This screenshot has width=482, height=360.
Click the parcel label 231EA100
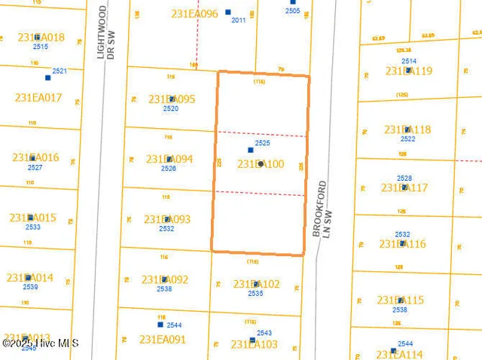pyautogui.click(x=261, y=163)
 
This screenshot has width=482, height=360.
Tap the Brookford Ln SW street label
pyautogui.click(x=322, y=209)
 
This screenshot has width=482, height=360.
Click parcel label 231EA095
pyautogui.click(x=172, y=99)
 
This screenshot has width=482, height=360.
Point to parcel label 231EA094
pyautogui.click(x=169, y=159)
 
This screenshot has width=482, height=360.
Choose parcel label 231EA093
pyautogui.click(x=167, y=219)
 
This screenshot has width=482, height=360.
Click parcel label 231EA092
pyautogui.click(x=164, y=279)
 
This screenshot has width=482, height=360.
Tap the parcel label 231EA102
pyautogui.click(x=256, y=284)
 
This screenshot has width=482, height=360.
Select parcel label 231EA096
pyautogui.click(x=194, y=14)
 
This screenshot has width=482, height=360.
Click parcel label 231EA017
pyautogui.click(x=38, y=97)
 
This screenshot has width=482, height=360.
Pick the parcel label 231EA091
pyautogui.click(x=163, y=340)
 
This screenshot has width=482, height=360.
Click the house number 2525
pyautogui.click(x=262, y=142)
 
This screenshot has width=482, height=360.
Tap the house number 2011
pyautogui.click(x=239, y=20)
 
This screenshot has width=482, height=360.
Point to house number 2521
pyautogui.click(x=59, y=71)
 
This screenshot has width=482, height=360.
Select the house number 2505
pyautogui.click(x=293, y=11)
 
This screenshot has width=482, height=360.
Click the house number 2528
pyautogui.click(x=404, y=178)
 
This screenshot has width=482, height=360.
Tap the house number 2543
pyautogui.click(x=264, y=332)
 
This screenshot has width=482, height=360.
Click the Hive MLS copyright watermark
pyautogui.click(x=36, y=343)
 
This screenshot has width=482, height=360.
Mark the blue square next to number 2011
pyautogui.click(x=227, y=12)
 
